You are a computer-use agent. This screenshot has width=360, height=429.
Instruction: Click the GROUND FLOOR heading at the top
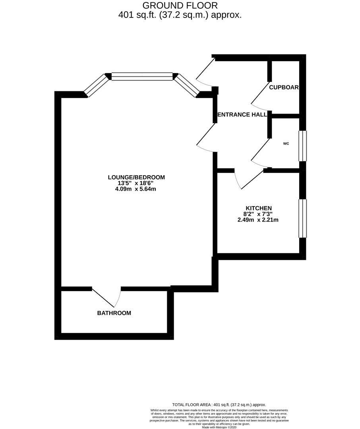[180, 6]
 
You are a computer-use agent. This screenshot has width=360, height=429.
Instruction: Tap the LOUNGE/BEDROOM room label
[136, 177]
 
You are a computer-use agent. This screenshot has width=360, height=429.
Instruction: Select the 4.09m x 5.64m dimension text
[136, 189]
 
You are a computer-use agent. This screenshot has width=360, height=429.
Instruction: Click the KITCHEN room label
[258, 208]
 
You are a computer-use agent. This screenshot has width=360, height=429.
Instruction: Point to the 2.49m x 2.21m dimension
[258, 220]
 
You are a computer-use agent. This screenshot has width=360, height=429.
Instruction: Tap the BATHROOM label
[114, 313]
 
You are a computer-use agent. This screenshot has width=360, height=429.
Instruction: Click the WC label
[286, 144]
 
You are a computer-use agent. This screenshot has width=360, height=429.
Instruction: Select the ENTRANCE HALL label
[242, 114]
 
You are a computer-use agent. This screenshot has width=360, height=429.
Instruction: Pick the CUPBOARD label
[284, 87]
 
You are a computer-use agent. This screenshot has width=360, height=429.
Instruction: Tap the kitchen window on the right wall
[303, 218]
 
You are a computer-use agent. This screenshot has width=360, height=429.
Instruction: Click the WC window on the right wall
[303, 146]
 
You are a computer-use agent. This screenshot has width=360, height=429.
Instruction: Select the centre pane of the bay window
[142, 76]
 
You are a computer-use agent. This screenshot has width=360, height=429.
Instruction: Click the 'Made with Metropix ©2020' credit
[219, 427]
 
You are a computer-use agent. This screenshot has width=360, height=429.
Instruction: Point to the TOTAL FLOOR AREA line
[219, 404]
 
